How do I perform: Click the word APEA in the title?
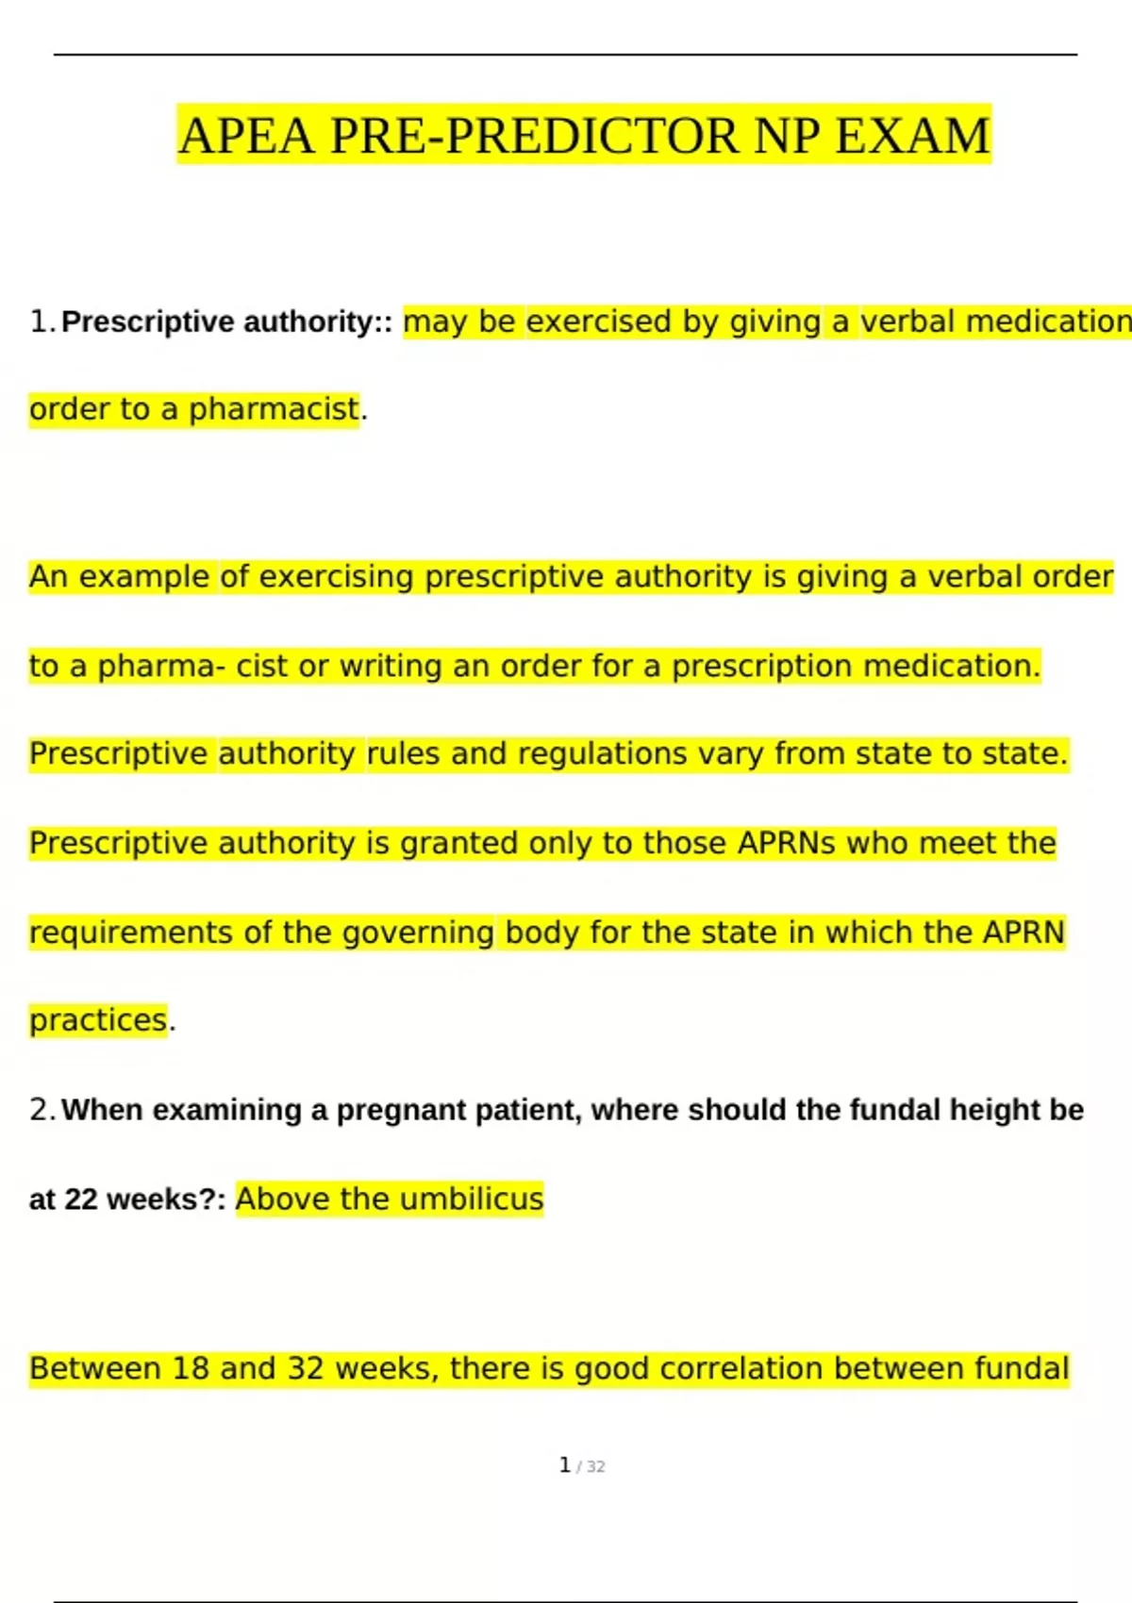[x=245, y=135]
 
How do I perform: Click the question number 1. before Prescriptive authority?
[x=42, y=322]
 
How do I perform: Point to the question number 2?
[x=42, y=1110]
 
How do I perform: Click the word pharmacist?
[x=274, y=409]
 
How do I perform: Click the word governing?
[x=417, y=933]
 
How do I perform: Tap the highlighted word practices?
[x=98, y=1020]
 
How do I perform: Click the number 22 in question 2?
[x=81, y=1199]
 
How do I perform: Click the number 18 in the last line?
[x=190, y=1368]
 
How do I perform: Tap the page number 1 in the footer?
[x=564, y=1465]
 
